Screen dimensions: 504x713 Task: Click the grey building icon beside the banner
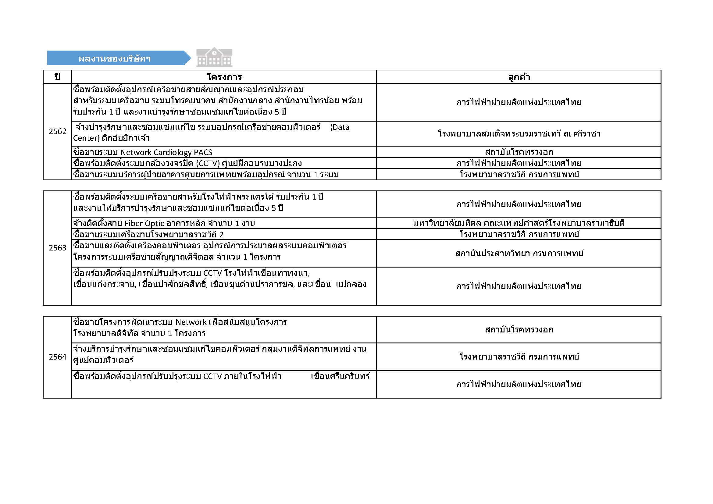[214, 57]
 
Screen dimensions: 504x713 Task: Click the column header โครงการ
[224, 77]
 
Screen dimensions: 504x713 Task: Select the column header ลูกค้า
[519, 77]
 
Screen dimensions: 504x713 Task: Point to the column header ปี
[57, 77]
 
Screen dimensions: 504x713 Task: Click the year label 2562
[57, 132]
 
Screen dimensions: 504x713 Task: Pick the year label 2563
[57, 248]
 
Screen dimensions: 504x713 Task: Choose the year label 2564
[57, 357]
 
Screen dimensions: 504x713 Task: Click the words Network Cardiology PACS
[166, 152]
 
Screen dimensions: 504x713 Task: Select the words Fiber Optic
[144, 223]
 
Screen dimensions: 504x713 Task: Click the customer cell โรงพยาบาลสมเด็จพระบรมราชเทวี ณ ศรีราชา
[519, 134]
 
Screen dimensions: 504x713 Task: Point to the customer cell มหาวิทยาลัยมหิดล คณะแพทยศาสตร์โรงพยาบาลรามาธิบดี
[519, 223]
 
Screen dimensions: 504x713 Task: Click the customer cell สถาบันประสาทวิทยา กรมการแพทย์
[519, 254]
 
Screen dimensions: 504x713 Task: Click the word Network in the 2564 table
[191, 322]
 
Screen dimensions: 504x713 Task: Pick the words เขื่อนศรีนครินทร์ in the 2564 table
[340, 376]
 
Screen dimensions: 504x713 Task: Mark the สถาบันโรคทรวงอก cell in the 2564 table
[519, 330]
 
